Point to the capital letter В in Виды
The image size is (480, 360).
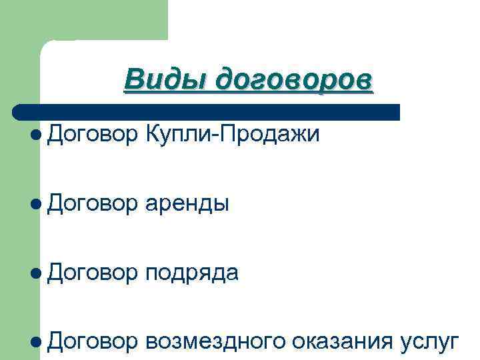[x=133, y=80]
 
